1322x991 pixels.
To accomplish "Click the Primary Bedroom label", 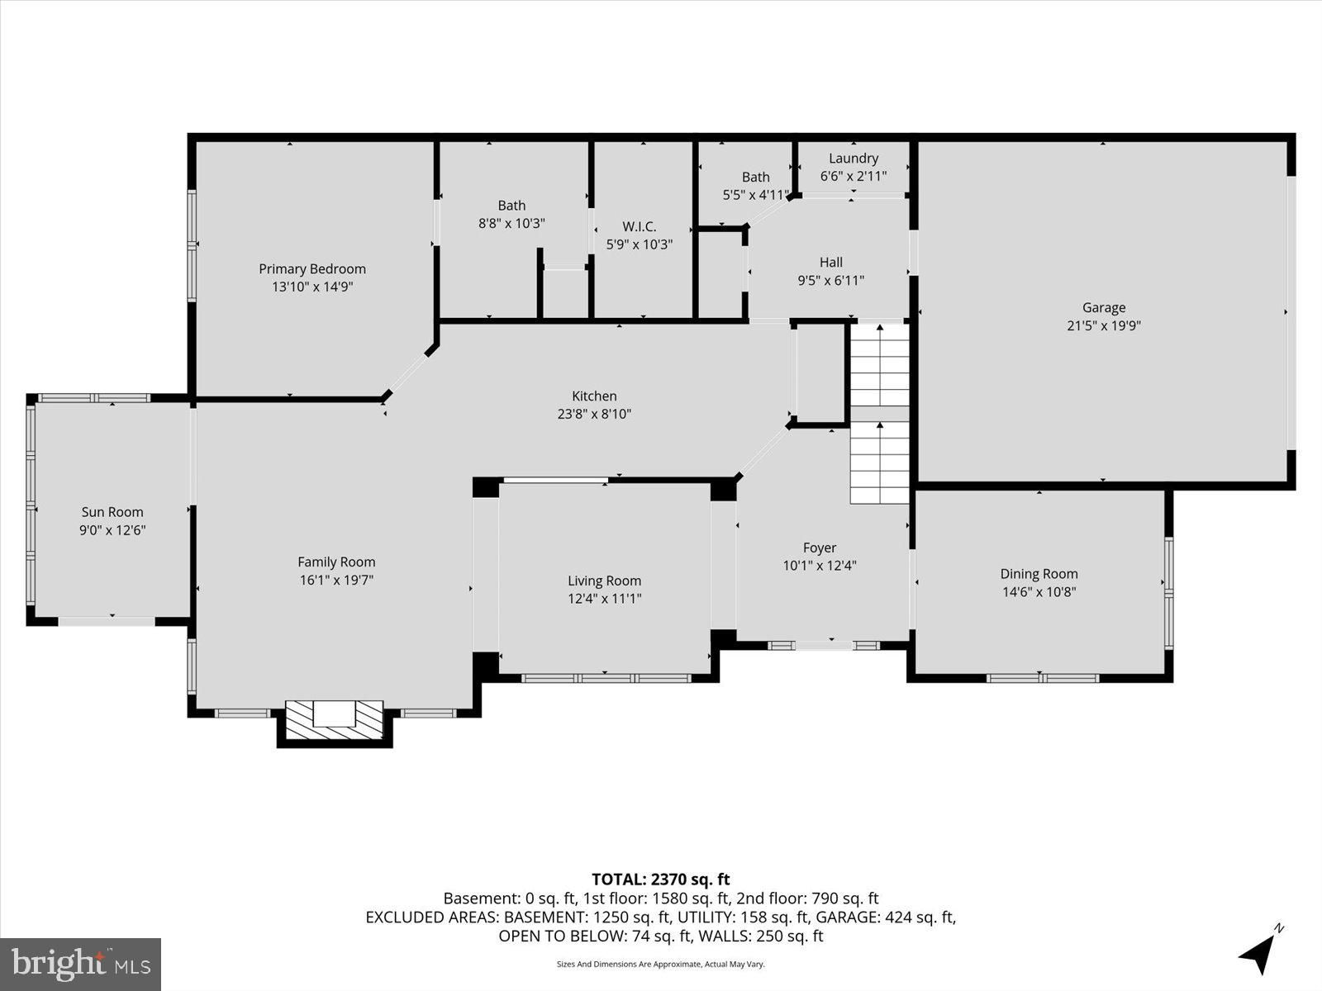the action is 312,269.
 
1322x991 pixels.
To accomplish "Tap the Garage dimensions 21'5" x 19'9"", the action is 1104,325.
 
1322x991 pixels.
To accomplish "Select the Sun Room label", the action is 112,512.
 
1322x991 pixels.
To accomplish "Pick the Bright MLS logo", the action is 80,964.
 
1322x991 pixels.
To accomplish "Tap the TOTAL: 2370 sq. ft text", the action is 661,880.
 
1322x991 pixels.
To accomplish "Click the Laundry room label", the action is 854,159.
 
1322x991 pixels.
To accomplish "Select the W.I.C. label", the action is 639,227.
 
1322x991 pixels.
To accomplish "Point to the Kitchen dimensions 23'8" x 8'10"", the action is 594,414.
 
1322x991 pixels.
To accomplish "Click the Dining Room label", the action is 1039,574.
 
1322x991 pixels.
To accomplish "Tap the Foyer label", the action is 820,548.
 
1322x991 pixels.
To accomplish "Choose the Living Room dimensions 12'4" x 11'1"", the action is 604,599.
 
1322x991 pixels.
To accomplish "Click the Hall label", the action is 831,263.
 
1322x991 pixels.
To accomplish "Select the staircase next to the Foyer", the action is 879,414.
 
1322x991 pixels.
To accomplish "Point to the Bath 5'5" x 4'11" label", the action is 756,186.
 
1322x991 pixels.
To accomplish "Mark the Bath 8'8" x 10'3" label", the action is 511,214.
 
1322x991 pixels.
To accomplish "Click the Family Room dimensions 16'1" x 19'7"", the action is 336,580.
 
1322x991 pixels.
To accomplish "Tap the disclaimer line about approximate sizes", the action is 661,964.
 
